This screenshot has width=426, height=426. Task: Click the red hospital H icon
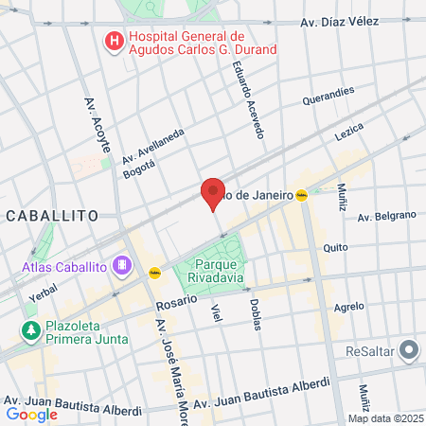tap(115, 41)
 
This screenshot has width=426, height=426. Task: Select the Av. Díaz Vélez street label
tap(340, 20)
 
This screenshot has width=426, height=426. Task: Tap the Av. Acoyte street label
tap(98, 123)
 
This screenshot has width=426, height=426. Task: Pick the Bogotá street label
tap(138, 168)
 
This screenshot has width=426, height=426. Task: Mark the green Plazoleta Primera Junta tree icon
tap(30, 330)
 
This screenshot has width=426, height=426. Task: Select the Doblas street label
tap(256, 315)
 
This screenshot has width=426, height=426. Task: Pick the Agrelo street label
tap(348, 307)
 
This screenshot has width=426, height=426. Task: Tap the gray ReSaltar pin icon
tap(409, 351)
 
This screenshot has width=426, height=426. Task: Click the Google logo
tap(31, 414)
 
